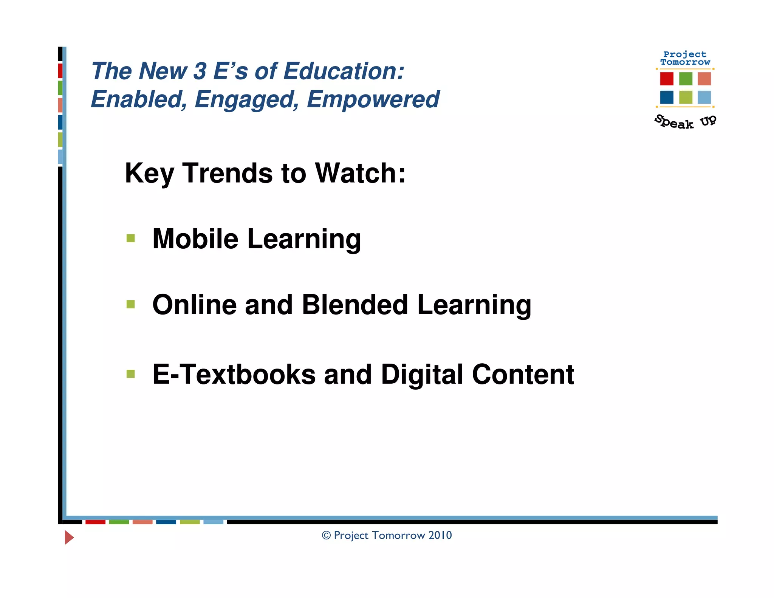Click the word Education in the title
click(x=344, y=71)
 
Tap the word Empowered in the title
click(x=373, y=99)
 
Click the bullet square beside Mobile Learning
click(x=131, y=238)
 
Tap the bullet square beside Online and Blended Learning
click(x=131, y=304)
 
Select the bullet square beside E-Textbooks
click(x=131, y=374)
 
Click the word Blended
click(x=355, y=305)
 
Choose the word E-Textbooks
click(x=234, y=375)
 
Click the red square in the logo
click(x=667, y=79)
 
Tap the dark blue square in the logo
click(x=667, y=97)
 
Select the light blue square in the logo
click(x=704, y=97)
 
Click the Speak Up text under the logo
click(x=685, y=122)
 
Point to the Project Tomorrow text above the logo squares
click(x=685, y=58)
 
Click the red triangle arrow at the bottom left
click(x=69, y=537)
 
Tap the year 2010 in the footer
click(x=440, y=535)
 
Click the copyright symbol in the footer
click(x=326, y=535)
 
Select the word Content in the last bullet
click(x=523, y=375)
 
